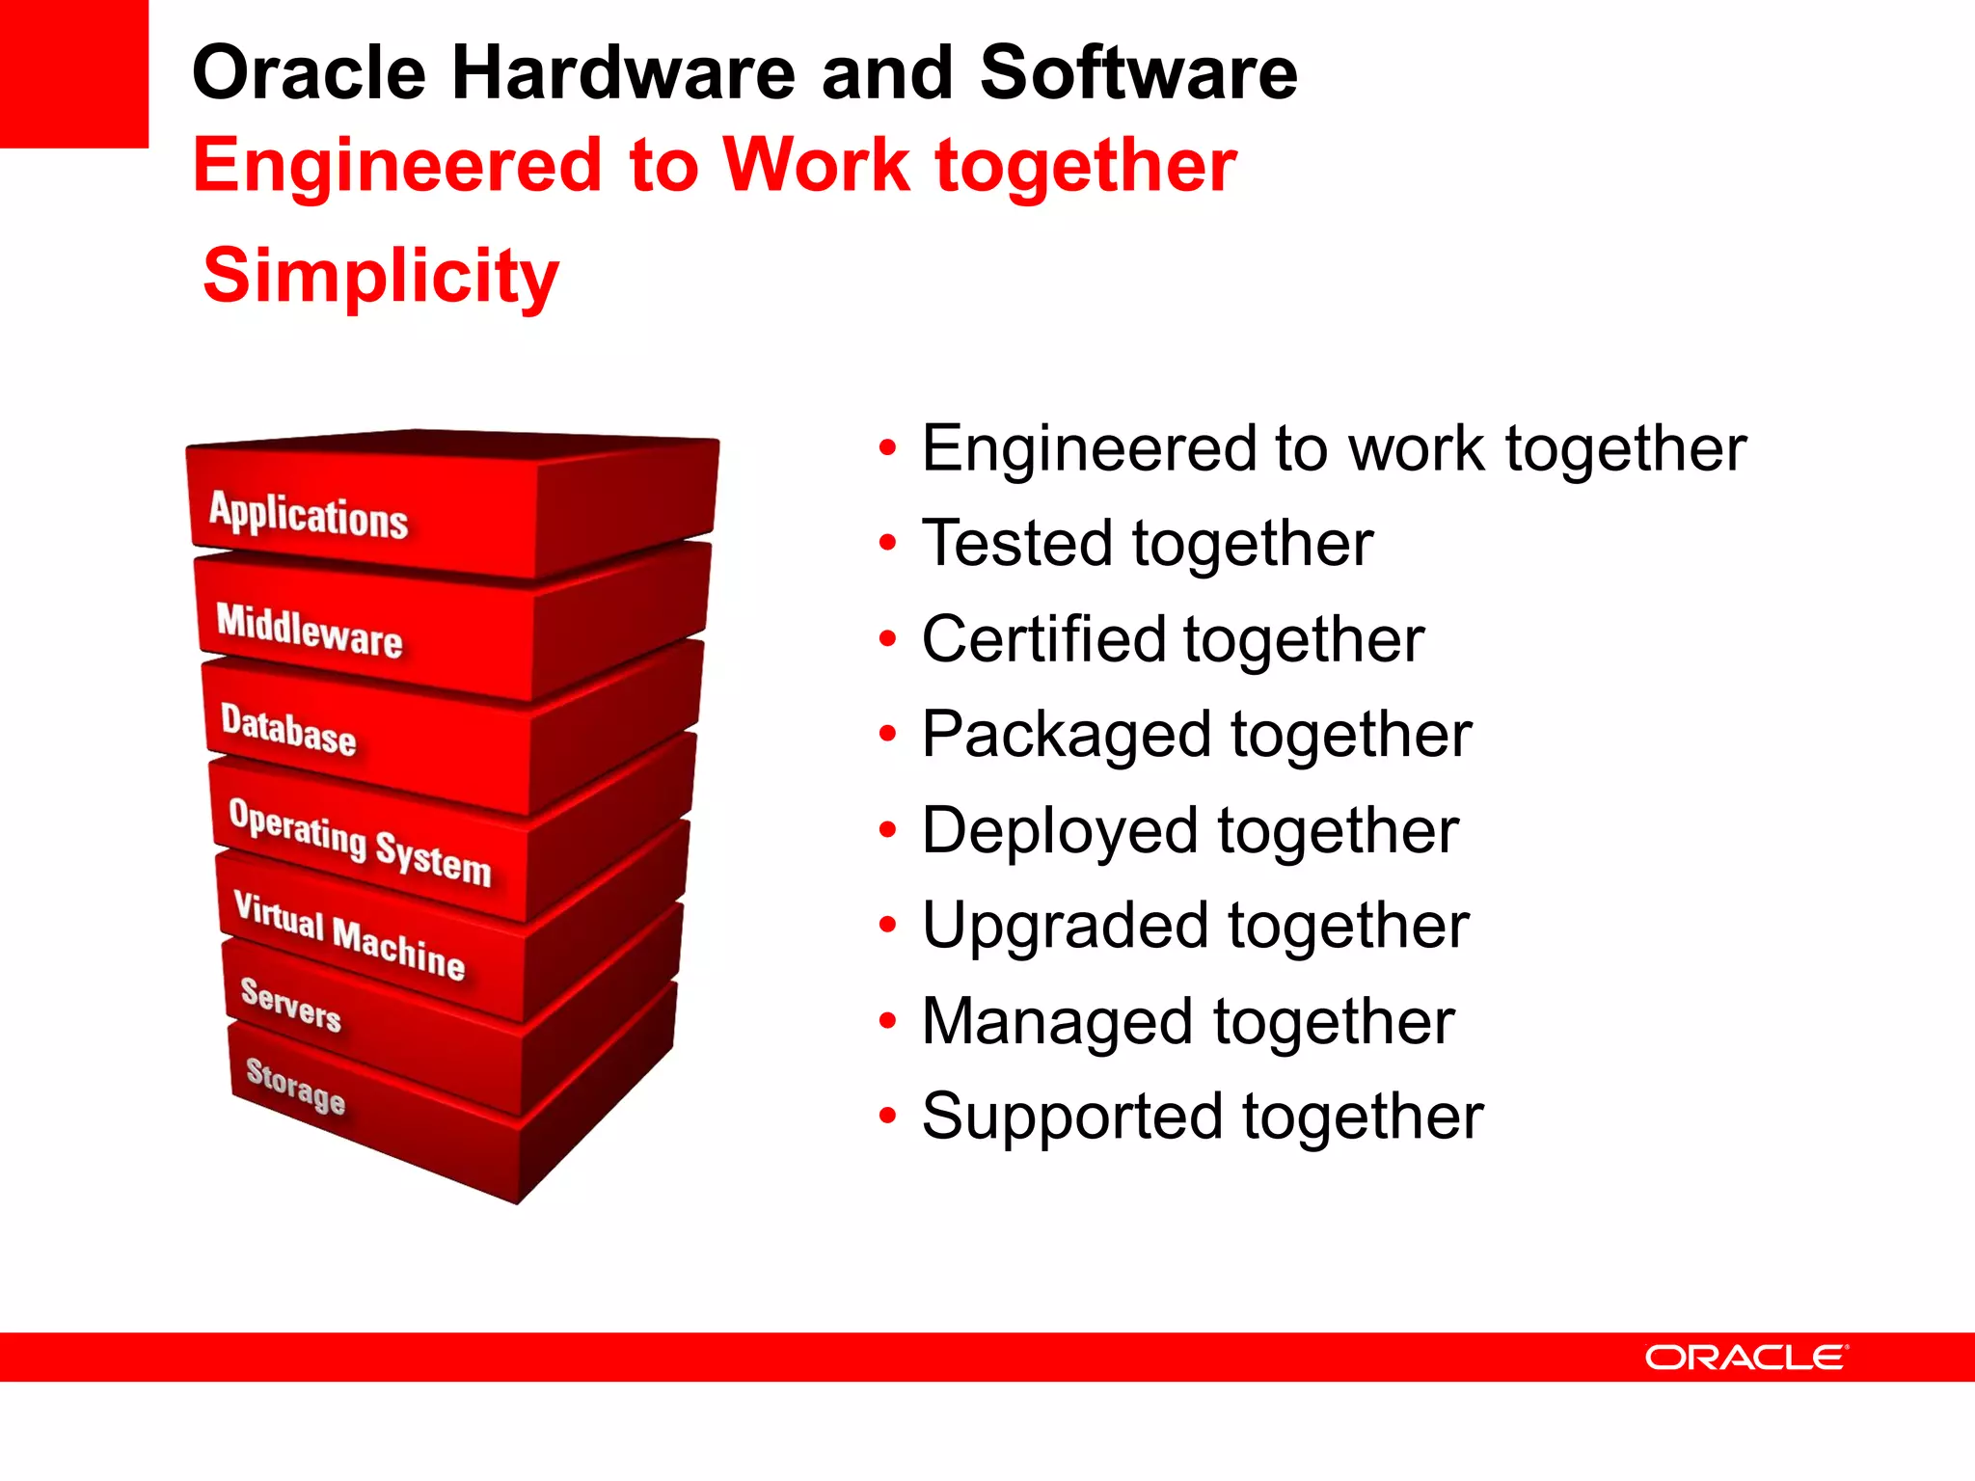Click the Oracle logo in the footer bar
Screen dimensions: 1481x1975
click(1746, 1358)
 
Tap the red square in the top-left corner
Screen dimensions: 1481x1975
click(73, 73)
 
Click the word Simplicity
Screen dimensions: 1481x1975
click(381, 276)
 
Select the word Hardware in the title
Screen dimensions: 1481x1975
click(623, 73)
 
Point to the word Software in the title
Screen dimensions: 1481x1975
click(1138, 73)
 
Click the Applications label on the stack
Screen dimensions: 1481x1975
click(309, 515)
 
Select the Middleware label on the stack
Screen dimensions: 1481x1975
click(309, 631)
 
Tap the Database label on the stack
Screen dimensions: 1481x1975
click(288, 729)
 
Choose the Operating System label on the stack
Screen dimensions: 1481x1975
click(360, 842)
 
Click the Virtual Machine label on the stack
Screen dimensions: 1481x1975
click(349, 934)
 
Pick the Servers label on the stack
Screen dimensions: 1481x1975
click(290, 1005)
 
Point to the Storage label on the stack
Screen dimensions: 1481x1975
click(295, 1086)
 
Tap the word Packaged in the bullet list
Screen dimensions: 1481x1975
click(1067, 736)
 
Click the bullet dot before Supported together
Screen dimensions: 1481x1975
click(887, 1117)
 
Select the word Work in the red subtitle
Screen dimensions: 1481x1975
click(815, 165)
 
